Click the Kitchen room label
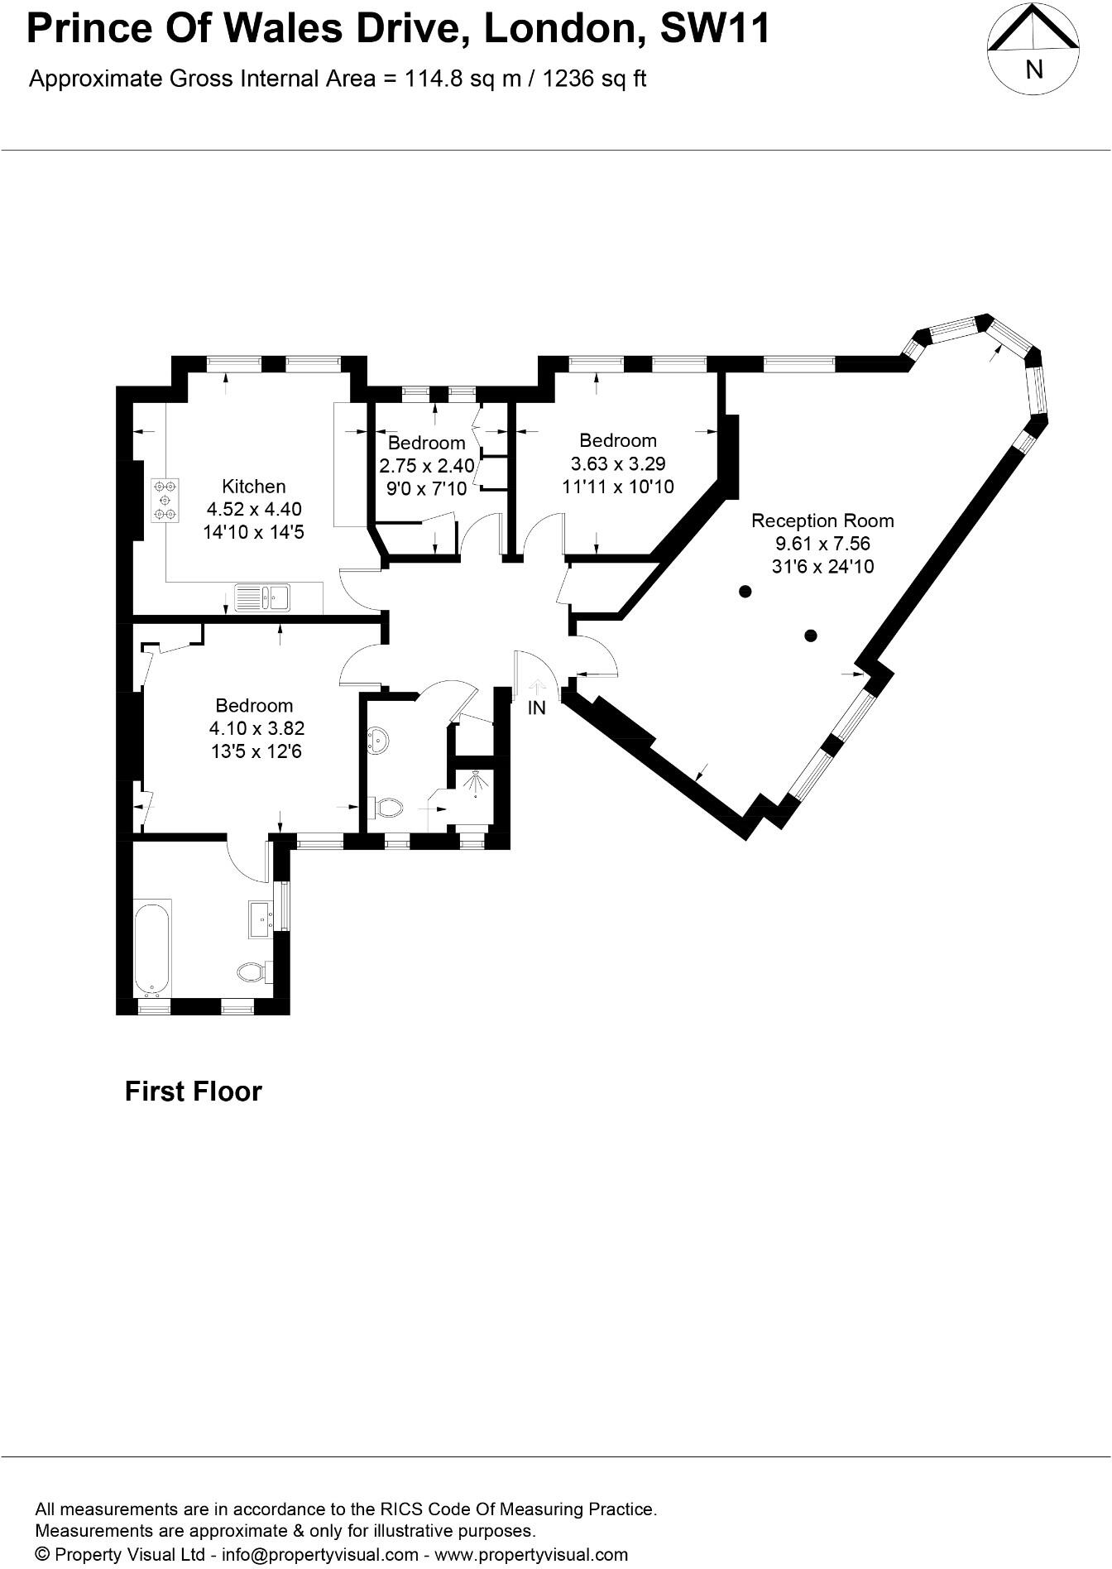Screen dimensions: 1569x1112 253,487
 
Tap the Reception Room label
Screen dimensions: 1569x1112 822,521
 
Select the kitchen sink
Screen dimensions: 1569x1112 262,597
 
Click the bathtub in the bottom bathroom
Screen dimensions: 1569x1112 152,948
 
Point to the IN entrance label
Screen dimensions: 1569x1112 537,708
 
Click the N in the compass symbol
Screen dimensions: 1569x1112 1033,70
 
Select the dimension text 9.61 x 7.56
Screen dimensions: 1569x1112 822,544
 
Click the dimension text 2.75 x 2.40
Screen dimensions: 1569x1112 426,466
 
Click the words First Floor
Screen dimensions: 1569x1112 193,1092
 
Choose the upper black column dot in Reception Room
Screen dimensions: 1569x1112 745,591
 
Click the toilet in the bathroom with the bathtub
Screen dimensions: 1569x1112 251,972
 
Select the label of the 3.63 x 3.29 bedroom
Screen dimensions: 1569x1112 617,441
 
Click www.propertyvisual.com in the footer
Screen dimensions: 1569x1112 531,1554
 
